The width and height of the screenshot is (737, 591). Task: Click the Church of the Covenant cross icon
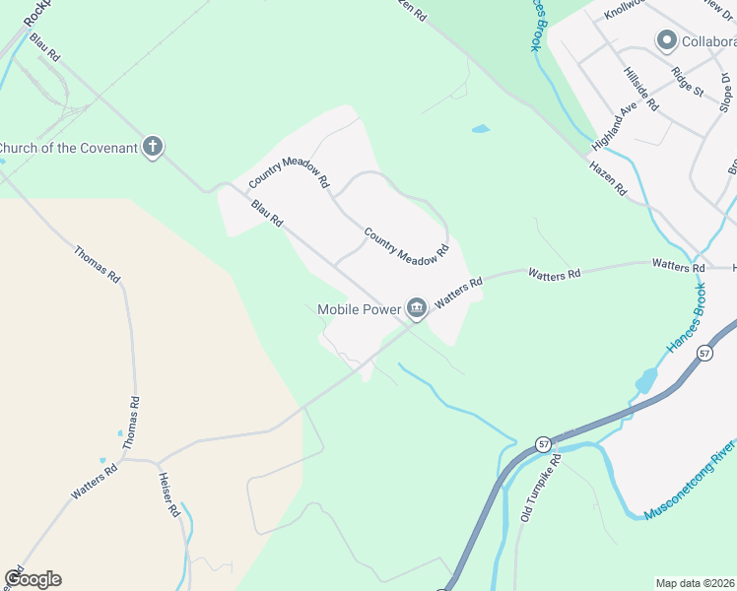coord(152,147)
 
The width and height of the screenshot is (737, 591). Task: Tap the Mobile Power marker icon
coord(417,309)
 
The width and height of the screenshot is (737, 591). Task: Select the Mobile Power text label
coord(360,309)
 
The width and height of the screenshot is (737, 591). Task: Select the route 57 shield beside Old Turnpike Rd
coord(544,444)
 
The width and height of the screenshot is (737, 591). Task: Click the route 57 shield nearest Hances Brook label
coord(704,352)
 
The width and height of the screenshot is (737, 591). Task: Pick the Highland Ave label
coord(610,124)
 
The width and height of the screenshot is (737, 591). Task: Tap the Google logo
coord(33,579)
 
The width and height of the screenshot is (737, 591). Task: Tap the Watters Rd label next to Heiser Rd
coord(95,481)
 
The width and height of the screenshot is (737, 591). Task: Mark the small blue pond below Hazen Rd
coord(481,129)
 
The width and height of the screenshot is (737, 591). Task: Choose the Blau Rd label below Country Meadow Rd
coord(267,213)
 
